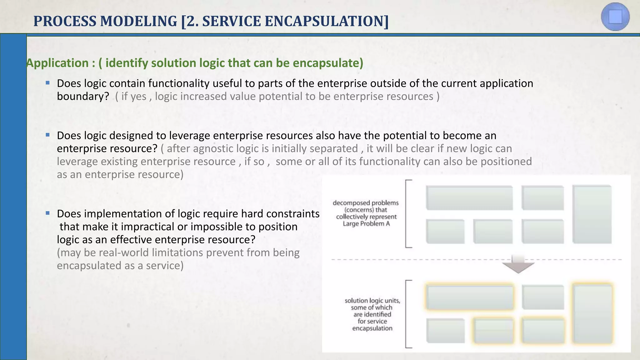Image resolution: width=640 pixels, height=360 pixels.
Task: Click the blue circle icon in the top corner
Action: (615, 17)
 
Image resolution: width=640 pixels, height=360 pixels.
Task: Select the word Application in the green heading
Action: (58, 63)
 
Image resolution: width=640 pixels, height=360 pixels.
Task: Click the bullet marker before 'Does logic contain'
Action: (47, 83)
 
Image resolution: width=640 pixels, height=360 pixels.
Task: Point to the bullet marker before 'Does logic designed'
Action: (47, 135)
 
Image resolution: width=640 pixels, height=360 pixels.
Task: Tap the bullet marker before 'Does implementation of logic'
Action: (47, 213)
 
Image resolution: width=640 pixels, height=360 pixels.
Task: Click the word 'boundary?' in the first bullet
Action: (83, 96)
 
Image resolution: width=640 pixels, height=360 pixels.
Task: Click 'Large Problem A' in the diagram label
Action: (366, 224)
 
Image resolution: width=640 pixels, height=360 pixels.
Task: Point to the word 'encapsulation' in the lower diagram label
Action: (372, 328)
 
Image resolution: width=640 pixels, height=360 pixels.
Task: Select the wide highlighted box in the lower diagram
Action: (470, 297)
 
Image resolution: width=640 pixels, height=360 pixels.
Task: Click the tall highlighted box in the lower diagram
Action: (592, 313)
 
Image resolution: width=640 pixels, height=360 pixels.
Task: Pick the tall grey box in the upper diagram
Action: (592, 214)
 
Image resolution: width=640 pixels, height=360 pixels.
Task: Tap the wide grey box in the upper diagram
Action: (469, 198)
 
